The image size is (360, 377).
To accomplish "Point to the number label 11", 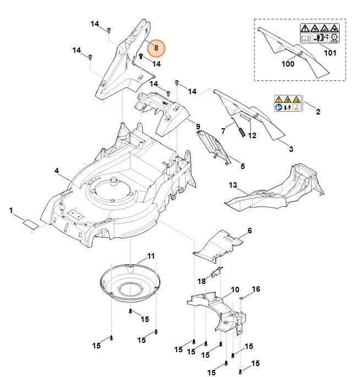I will [x=150, y=256].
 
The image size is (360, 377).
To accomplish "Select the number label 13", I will [x=232, y=184].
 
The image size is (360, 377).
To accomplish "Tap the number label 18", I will [x=201, y=281].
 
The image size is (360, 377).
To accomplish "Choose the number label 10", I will [x=234, y=289].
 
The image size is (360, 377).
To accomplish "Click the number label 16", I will [x=255, y=289].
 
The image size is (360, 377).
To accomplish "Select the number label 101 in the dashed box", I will [x=329, y=53].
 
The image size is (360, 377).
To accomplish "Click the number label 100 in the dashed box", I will [x=287, y=64].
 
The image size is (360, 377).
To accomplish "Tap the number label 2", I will [x=318, y=112].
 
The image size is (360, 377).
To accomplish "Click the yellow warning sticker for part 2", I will [x=288, y=103].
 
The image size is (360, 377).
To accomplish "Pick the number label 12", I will [x=252, y=135].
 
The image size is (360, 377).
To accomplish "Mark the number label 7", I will [x=223, y=130].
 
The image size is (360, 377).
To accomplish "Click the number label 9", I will [x=198, y=127].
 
